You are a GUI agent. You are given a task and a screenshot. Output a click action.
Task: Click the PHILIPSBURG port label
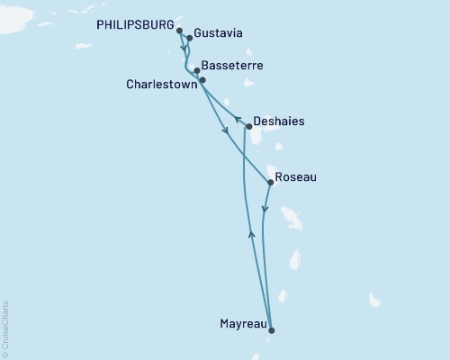134,26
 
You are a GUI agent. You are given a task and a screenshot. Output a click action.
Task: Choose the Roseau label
296,177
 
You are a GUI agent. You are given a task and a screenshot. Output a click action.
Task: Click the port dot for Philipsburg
180,31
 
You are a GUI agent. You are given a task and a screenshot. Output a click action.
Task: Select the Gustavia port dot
190,39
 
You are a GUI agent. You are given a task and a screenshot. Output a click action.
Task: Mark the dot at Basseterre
197,70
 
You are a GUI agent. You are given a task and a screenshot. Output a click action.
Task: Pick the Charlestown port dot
202,80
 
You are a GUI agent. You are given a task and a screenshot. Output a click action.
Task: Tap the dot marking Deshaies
249,127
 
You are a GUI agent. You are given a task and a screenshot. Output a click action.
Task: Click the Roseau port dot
271,183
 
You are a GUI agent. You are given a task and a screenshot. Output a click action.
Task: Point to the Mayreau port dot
271,329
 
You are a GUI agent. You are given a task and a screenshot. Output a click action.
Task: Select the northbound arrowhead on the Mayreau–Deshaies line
251,234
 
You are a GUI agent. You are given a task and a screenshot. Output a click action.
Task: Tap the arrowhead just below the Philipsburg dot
184,49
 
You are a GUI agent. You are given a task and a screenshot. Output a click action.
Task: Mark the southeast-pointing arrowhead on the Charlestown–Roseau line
225,131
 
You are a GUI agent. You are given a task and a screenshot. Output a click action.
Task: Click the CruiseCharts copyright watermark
5,328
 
